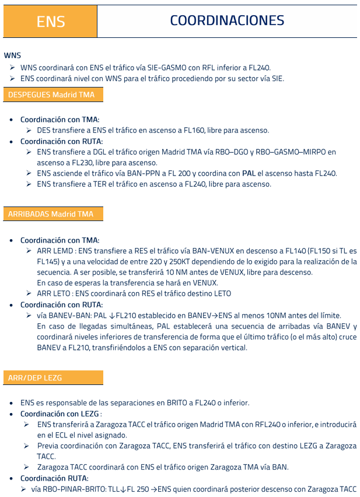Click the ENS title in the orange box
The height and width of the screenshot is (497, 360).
click(x=50, y=22)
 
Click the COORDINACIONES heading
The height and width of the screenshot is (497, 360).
click(x=227, y=20)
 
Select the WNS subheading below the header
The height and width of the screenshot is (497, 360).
click(x=12, y=55)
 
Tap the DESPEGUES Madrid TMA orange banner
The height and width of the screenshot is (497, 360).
click(x=51, y=94)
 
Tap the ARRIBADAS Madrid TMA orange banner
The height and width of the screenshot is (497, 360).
click(x=51, y=214)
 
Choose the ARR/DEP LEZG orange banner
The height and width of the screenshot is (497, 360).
click(x=35, y=378)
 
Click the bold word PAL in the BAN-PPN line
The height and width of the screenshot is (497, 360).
click(x=249, y=173)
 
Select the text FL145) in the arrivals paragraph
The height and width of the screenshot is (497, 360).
click(x=50, y=261)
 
